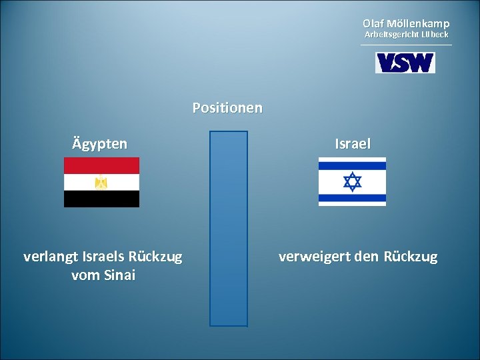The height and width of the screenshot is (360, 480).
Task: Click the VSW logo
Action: (405, 63)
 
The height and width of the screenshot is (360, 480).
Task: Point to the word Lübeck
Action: (434, 34)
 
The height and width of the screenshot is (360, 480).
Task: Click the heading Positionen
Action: (227, 107)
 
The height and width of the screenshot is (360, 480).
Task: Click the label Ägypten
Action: (100, 144)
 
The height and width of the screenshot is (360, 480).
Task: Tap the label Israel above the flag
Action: (353, 144)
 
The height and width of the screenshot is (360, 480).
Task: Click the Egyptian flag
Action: (101, 182)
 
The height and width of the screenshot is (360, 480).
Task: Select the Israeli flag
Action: (352, 181)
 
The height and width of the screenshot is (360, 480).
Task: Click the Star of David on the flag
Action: (352, 181)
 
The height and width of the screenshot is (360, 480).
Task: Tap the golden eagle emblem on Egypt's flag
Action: (101, 182)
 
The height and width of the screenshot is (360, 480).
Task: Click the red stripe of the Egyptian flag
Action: (101, 165)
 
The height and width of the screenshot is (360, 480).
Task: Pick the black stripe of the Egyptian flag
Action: (101, 199)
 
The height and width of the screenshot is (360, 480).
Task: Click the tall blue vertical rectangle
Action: (229, 229)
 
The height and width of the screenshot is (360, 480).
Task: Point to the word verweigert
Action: (313, 257)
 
